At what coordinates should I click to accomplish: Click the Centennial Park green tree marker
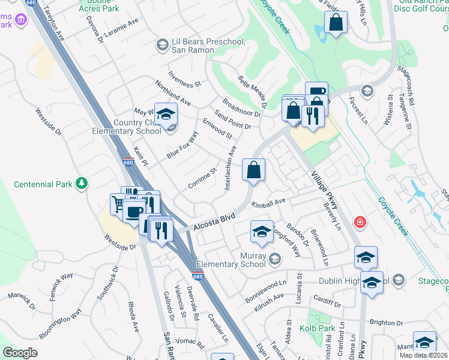coord(82,184)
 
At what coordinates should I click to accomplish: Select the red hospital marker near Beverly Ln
coord(360,223)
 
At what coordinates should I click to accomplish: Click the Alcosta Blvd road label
coord(212,223)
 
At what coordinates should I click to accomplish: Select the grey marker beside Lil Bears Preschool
coord(161,45)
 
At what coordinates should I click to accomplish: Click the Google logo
coord(20,352)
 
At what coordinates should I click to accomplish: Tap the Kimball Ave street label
coord(269,203)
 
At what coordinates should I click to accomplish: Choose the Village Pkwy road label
coord(325,190)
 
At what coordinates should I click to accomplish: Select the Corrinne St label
coord(202,179)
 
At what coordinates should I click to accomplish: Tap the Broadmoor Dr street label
coord(241,106)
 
